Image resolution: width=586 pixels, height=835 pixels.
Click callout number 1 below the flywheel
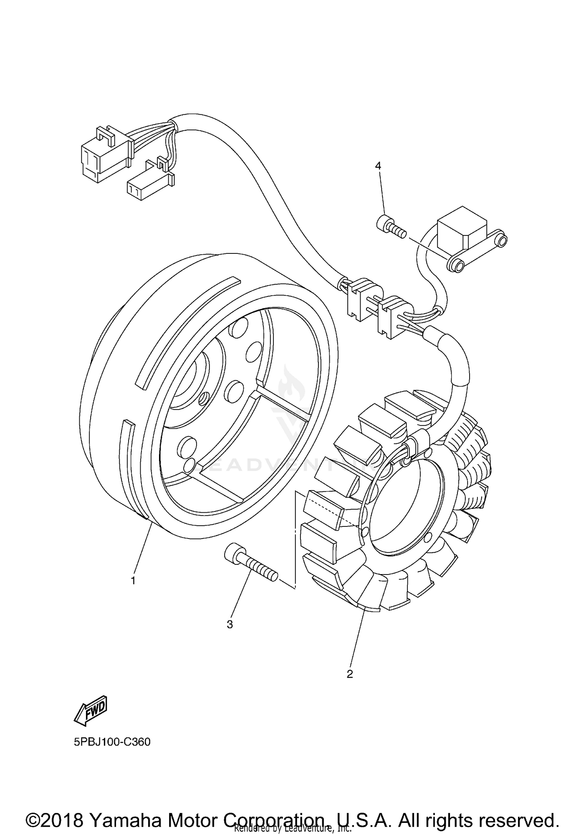click(x=133, y=580)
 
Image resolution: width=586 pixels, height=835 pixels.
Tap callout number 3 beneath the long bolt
click(x=230, y=625)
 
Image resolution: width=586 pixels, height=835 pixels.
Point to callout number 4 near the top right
click(x=378, y=166)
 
